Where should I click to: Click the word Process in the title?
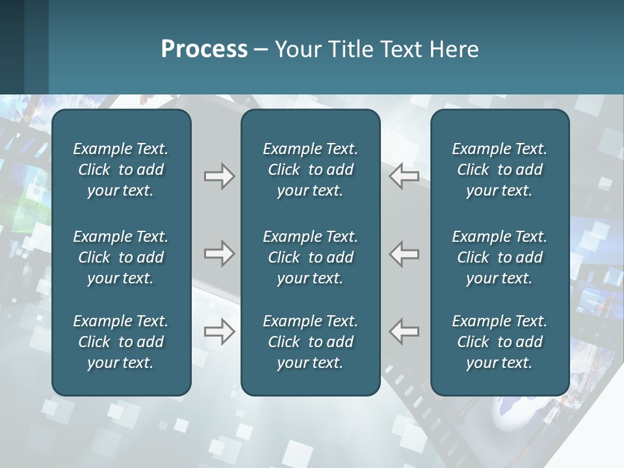point(204,49)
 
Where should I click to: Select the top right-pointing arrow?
point(219,176)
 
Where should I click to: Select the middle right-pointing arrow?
point(219,253)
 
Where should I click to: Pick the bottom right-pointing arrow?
point(219,331)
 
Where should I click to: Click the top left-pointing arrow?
point(404,176)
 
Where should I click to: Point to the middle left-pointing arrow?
point(404,253)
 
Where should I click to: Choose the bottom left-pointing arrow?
point(404,331)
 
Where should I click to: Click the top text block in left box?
point(121,170)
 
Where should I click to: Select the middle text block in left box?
point(121,257)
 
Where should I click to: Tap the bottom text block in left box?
point(121,342)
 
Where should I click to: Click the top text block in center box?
point(310,170)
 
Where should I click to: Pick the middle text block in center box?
point(310,257)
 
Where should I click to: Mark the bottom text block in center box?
point(310,342)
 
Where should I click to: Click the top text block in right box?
point(499,170)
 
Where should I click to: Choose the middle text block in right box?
point(499,257)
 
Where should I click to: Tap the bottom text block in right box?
point(499,342)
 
